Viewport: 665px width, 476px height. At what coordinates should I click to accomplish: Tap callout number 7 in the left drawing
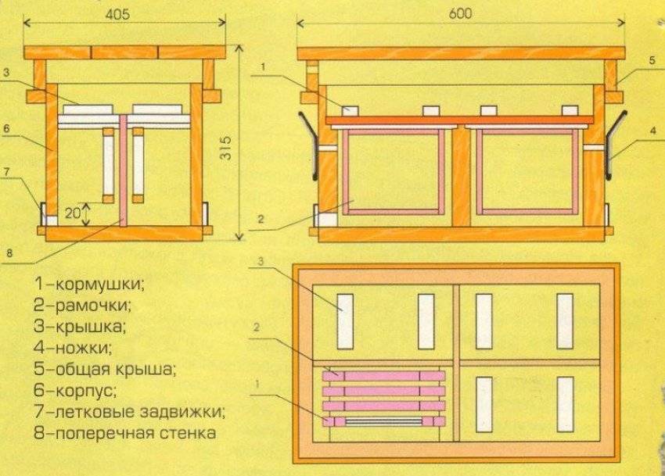(x=6, y=171)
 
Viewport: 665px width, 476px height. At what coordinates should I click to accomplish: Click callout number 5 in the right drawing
(x=651, y=59)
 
